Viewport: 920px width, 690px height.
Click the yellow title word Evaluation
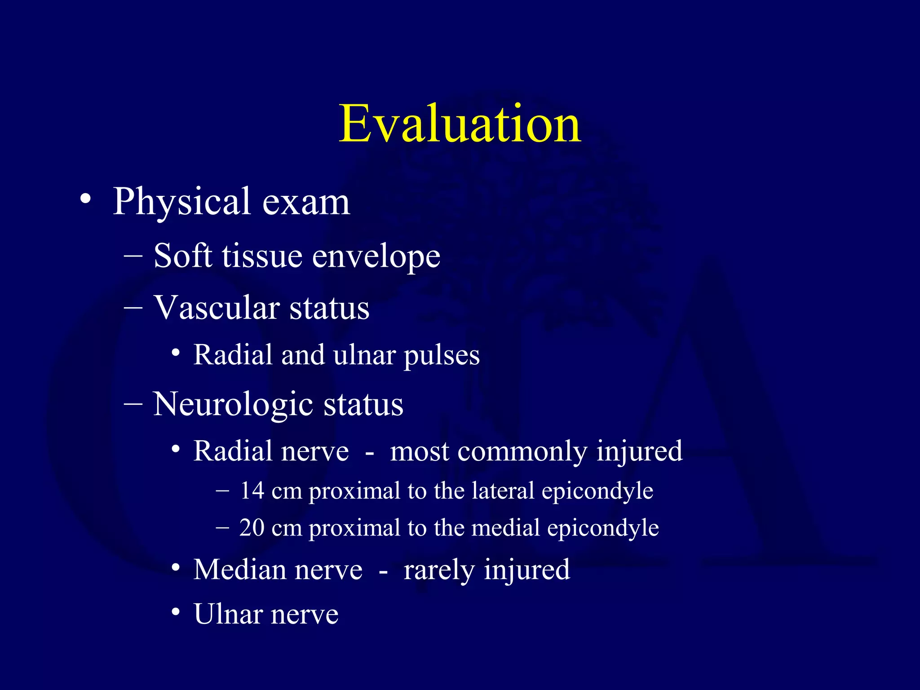(x=460, y=124)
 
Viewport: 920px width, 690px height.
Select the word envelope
(x=376, y=257)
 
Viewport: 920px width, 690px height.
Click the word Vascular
(x=217, y=308)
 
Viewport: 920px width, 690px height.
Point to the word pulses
(x=442, y=356)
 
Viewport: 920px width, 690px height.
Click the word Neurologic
(x=233, y=404)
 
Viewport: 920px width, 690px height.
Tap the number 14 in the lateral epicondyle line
(x=252, y=491)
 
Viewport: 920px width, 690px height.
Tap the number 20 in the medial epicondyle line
(x=252, y=528)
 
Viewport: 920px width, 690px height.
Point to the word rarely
(x=439, y=570)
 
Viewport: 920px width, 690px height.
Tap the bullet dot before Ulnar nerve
(x=176, y=612)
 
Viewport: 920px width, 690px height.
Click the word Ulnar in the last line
(x=228, y=614)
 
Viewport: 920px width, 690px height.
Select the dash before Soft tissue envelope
(x=133, y=256)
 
